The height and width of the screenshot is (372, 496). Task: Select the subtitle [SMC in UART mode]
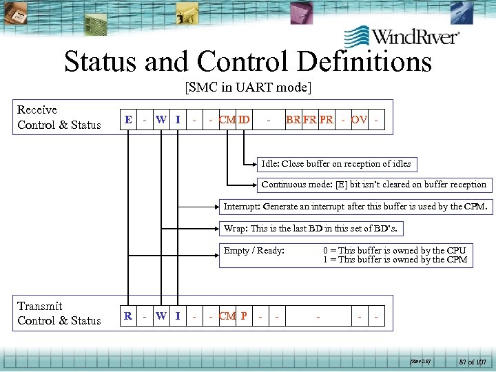pyautogui.click(x=247, y=87)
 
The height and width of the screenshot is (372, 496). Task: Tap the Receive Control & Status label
pyautogui.click(x=59, y=117)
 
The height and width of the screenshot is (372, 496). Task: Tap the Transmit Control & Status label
pyautogui.click(x=59, y=313)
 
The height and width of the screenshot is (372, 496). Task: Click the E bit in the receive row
pyautogui.click(x=127, y=120)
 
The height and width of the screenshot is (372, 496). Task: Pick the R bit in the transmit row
pyautogui.click(x=127, y=316)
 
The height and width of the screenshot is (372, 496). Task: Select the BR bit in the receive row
pyautogui.click(x=293, y=120)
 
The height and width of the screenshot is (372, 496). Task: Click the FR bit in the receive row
pyautogui.click(x=310, y=120)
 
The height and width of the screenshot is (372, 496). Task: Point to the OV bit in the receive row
pyautogui.click(x=359, y=120)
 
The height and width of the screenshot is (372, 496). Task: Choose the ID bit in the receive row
pyautogui.click(x=244, y=120)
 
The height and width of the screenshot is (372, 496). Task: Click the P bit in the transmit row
pyautogui.click(x=244, y=316)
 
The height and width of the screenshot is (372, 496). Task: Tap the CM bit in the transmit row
pyautogui.click(x=227, y=316)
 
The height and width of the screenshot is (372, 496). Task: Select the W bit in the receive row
pyautogui.click(x=161, y=120)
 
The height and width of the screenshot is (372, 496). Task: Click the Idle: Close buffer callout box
pyautogui.click(x=335, y=164)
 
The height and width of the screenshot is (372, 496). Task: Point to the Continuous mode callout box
pyautogui.click(x=373, y=184)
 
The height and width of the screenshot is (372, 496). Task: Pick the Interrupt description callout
pyautogui.click(x=355, y=206)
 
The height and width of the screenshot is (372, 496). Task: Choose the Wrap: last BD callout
pyautogui.click(x=310, y=228)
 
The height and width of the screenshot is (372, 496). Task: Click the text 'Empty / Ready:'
pyautogui.click(x=254, y=251)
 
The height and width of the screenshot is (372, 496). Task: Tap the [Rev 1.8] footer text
pyautogui.click(x=420, y=360)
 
